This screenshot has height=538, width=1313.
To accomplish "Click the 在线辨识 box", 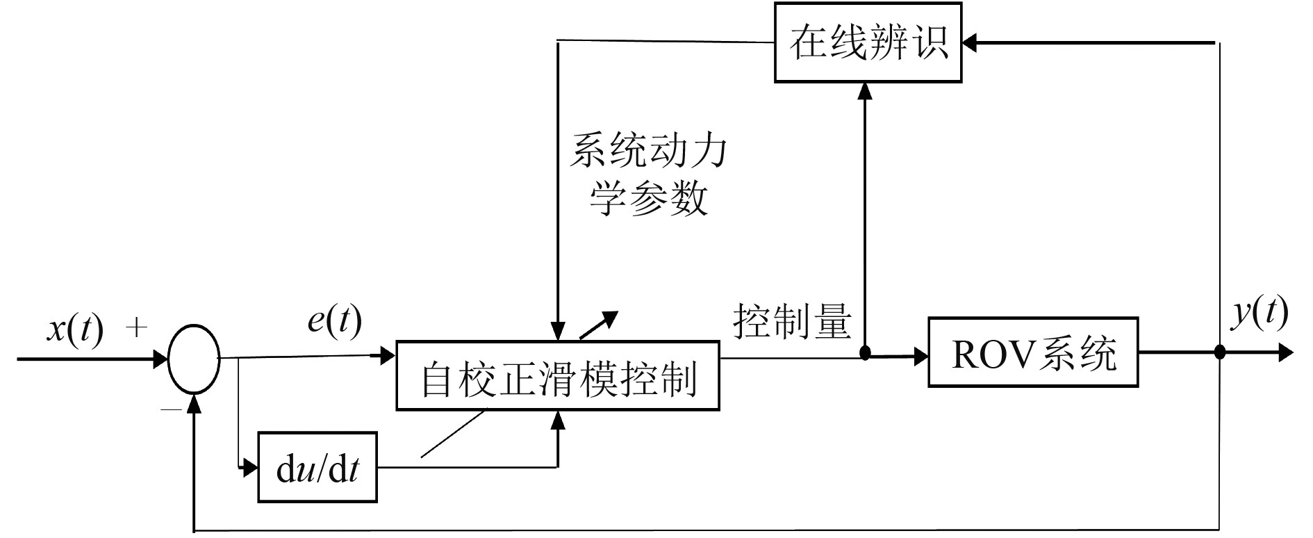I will click(x=868, y=43).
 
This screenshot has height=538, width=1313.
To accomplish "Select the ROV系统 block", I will click(x=1033, y=352).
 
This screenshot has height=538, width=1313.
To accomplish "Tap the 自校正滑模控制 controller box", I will click(x=557, y=375).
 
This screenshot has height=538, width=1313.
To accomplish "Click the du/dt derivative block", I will click(x=317, y=467).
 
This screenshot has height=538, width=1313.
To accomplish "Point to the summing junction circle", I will click(x=195, y=359).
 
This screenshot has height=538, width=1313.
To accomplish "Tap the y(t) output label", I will click(x=1259, y=313).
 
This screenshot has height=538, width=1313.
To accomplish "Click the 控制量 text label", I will click(x=792, y=321).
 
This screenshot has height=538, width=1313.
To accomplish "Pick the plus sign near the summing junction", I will click(x=136, y=327).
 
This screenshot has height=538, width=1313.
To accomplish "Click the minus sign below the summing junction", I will click(x=170, y=410).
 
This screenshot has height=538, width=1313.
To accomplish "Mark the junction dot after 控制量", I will click(x=865, y=353).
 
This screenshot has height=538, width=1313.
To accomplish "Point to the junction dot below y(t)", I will click(x=1219, y=353).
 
